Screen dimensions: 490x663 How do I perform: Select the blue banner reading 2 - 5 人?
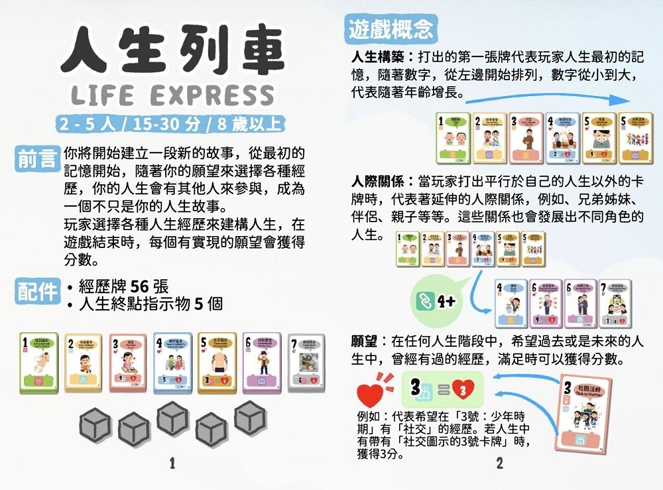coord(172,124)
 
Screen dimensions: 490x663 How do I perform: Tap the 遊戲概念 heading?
coord(392,29)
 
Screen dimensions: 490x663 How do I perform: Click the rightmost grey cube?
coord(251,418)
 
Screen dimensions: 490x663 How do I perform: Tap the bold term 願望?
coord(364,341)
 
